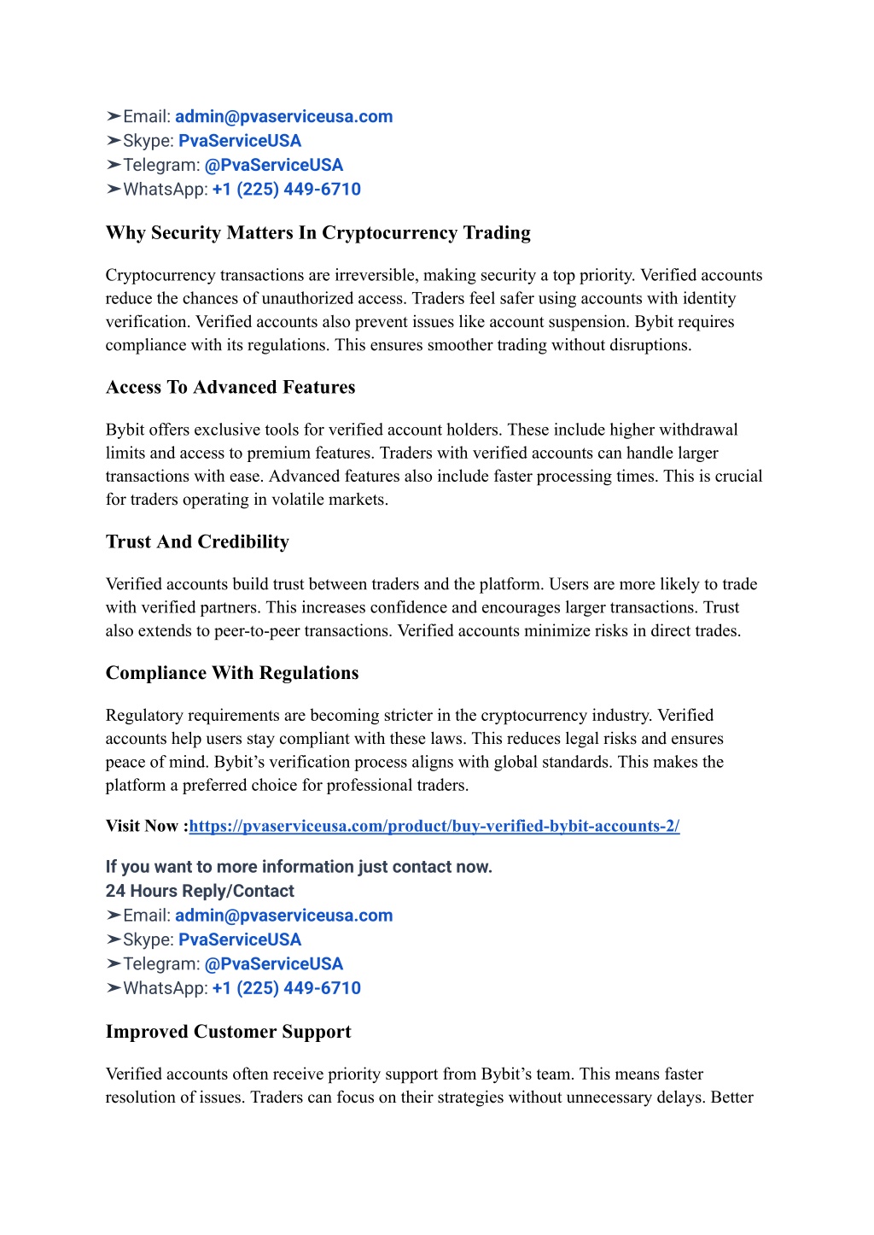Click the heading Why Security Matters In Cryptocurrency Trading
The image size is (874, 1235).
pyautogui.click(x=318, y=233)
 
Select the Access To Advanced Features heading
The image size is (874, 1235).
pyautogui.click(x=230, y=388)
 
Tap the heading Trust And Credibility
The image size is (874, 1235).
pyautogui.click(x=197, y=542)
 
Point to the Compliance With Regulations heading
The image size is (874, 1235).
pyautogui.click(x=232, y=673)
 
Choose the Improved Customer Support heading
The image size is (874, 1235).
pyautogui.click(x=228, y=1032)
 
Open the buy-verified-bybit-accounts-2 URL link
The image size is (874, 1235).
pyautogui.click(x=434, y=826)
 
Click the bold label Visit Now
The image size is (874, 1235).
pyautogui.click(x=144, y=826)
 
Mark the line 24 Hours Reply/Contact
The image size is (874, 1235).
pyautogui.click(x=200, y=891)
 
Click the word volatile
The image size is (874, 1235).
pyautogui.click(x=303, y=500)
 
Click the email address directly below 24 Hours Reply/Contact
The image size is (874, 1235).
pyautogui.click(x=283, y=916)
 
